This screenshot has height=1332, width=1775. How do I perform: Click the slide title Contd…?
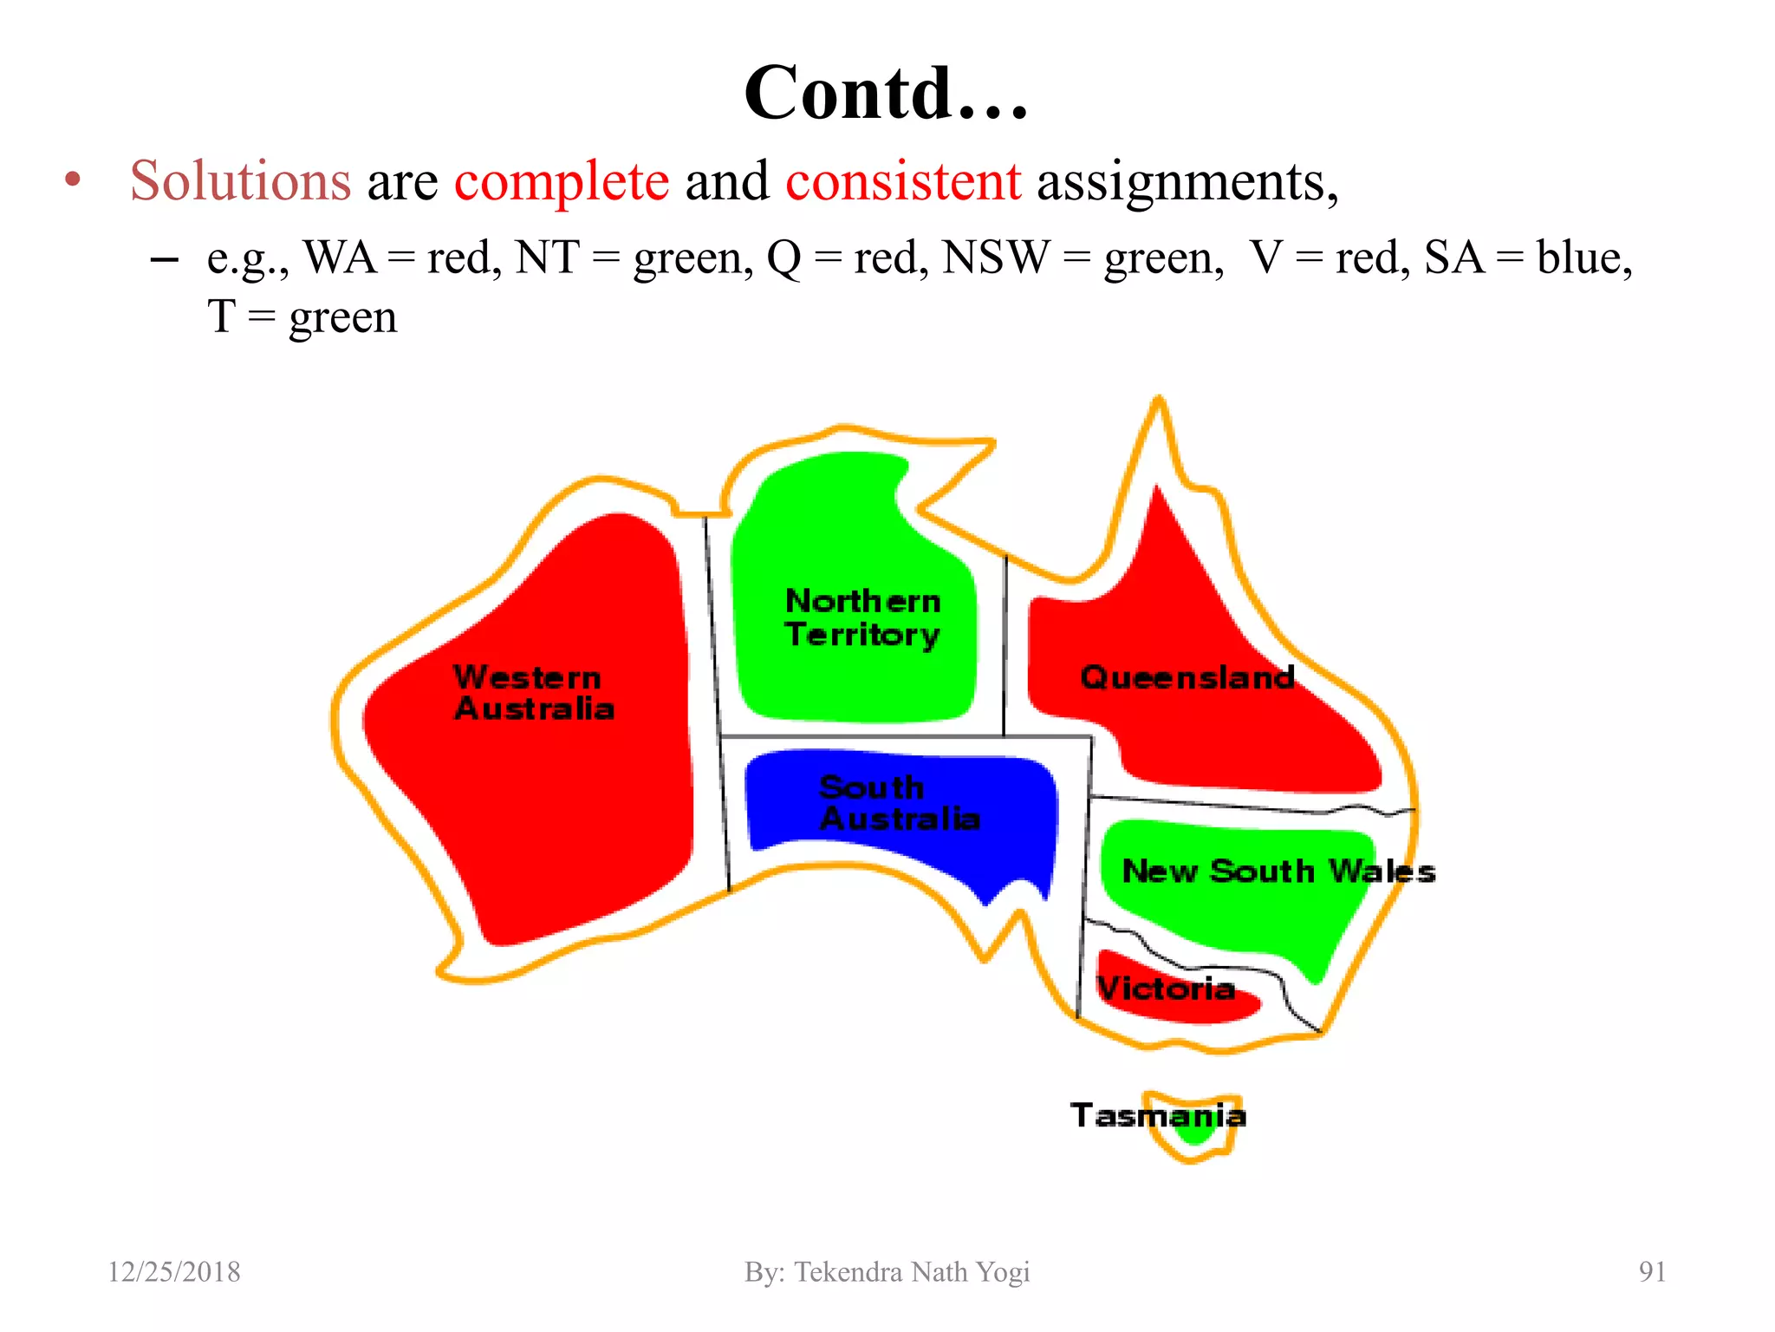(886, 93)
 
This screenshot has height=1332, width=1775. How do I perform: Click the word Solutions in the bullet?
(240, 181)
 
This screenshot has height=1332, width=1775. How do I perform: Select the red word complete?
(562, 181)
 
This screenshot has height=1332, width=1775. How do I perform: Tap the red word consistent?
(903, 181)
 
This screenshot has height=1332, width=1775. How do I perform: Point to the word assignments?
(1187, 183)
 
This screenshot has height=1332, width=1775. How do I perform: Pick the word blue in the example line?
(1583, 258)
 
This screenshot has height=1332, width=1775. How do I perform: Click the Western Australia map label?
(533, 693)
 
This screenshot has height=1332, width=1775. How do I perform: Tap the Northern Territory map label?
(862, 617)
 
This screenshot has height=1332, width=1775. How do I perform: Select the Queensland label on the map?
(1187, 677)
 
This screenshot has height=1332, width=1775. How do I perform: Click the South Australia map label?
(899, 803)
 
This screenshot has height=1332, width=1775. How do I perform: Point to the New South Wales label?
(1278, 871)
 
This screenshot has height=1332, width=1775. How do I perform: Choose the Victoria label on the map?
(1166, 988)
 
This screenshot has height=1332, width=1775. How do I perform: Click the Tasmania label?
(1157, 1115)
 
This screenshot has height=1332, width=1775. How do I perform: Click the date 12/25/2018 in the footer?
(174, 1272)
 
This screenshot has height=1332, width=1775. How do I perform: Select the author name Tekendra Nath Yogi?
(912, 1272)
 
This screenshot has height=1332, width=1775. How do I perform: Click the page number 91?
(1652, 1272)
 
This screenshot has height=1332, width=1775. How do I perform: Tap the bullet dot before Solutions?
(73, 180)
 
